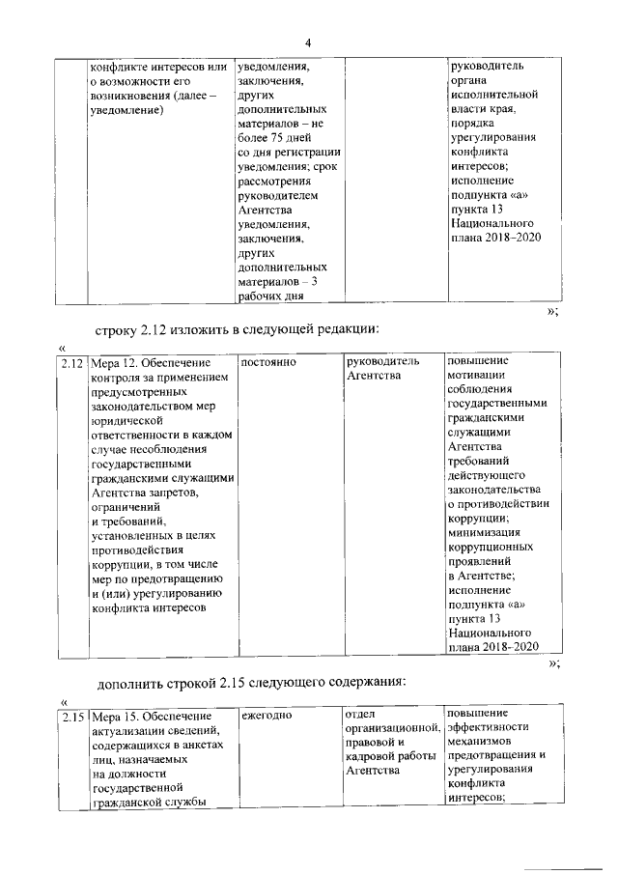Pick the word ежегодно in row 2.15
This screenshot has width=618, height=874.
point(267,716)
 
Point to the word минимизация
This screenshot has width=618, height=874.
point(487,530)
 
